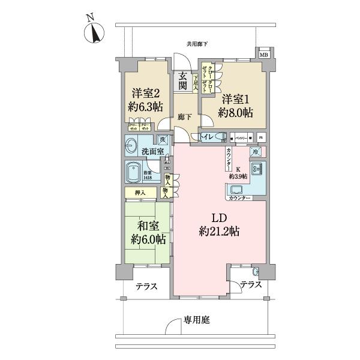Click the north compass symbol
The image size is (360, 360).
tap(95, 32)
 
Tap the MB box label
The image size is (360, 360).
tap(264, 55)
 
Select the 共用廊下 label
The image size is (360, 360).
tap(197, 44)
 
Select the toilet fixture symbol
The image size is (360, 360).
tap(220, 136)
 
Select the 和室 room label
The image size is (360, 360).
tap(147, 227)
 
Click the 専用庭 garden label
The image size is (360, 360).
tap(196, 322)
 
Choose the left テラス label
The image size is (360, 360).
tap(146, 287)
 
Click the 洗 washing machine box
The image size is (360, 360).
tap(163, 140)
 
